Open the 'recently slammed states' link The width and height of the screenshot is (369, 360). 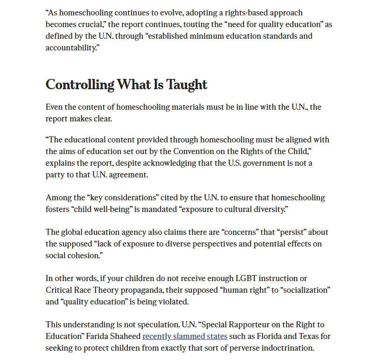185,336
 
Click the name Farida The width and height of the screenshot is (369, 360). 96,336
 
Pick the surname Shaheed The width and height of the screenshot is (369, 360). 125,336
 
